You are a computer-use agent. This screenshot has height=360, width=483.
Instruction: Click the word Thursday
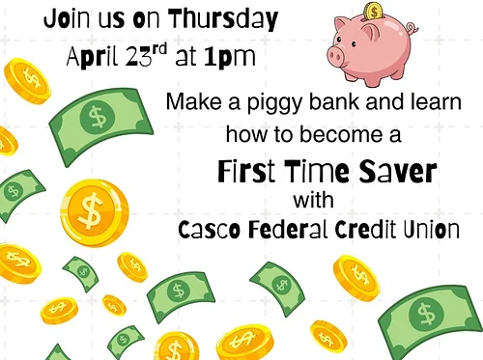click(224, 18)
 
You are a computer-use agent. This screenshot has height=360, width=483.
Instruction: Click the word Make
click(188, 99)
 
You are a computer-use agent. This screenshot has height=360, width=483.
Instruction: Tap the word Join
click(65, 18)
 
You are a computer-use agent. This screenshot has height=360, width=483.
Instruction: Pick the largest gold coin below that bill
click(95, 208)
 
